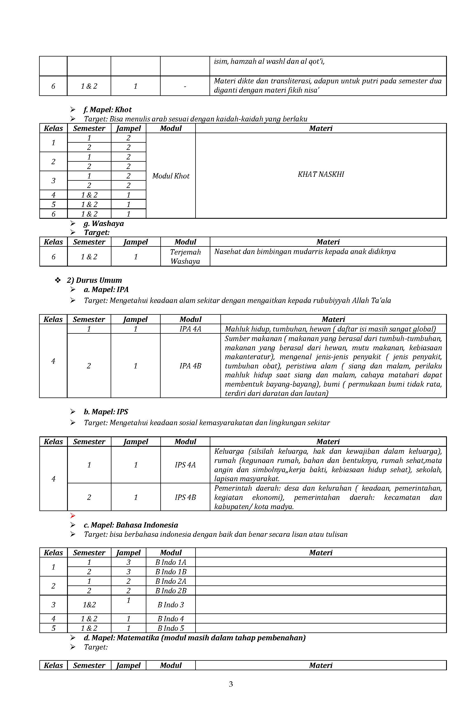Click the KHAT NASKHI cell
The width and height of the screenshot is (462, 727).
coord(321,174)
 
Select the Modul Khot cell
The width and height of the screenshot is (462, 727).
coord(171,176)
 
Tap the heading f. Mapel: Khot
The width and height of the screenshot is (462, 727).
coord(107,110)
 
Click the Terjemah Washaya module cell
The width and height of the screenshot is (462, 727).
coord(185,256)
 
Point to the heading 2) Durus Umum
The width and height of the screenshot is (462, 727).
coord(94,280)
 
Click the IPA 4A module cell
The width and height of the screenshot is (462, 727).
coord(190,329)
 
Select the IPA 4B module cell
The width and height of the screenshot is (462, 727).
coord(190,366)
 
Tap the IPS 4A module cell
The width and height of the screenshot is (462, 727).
coord(185,465)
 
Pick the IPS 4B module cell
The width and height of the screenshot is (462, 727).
coord(185,497)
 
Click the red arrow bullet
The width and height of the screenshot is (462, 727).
coord(73,516)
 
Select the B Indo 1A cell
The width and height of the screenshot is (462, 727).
coord(171,562)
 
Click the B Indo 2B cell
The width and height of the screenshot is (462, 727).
coord(171,590)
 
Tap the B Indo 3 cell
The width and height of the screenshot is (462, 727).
coord(171,604)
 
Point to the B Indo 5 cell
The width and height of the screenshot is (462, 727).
coord(171,628)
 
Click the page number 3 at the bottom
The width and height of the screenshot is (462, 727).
coord(231,684)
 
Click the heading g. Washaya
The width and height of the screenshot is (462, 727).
coord(103,223)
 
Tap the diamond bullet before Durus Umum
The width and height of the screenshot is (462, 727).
coord(58,280)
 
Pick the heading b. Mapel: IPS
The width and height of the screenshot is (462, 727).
coord(106,412)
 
